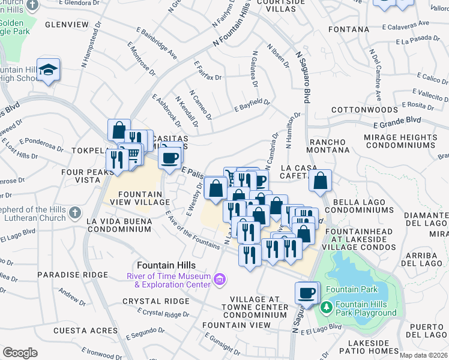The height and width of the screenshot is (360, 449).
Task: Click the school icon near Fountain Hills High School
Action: tap(48, 71)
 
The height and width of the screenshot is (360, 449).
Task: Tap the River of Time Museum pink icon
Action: tap(220, 279)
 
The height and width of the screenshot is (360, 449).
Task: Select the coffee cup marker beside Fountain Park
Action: tap(306, 293)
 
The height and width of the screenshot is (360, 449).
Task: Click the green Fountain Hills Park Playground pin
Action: tap(326, 307)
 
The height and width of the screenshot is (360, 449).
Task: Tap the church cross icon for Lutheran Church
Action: tap(74, 213)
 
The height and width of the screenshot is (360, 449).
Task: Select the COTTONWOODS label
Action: tap(357, 110)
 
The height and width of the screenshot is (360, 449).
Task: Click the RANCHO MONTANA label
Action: tap(328, 145)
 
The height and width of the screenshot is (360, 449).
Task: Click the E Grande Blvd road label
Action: tap(397, 124)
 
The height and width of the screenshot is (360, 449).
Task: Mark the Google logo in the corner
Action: tap(20, 353)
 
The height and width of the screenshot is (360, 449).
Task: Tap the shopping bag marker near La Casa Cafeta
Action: tap(321, 180)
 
